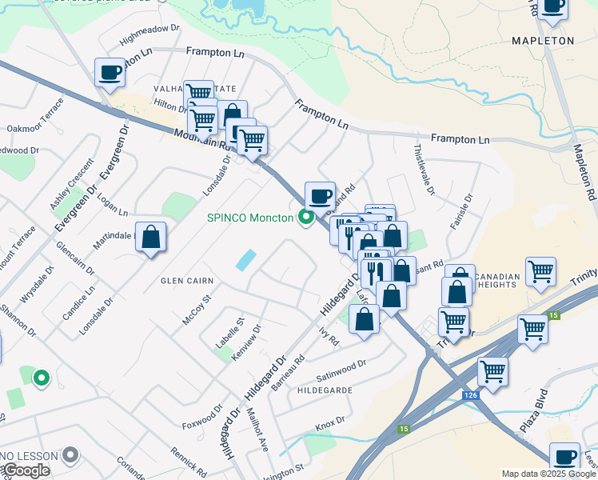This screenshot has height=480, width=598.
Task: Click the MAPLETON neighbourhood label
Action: click(x=543, y=40)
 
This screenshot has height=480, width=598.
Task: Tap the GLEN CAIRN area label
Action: click(x=187, y=281)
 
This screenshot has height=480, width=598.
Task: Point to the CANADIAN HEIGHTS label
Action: click(x=497, y=281)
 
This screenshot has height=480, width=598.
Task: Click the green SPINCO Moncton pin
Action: click(x=305, y=217)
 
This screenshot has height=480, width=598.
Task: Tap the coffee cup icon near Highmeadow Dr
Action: click(x=110, y=73)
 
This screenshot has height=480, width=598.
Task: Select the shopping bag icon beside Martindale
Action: click(x=150, y=237)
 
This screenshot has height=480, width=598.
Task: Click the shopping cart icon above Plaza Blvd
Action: click(x=493, y=372)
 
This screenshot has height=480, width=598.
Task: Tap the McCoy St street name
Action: click(x=195, y=310)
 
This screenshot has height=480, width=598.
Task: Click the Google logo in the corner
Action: click(x=26, y=470)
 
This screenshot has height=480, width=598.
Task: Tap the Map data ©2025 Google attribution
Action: click(x=548, y=474)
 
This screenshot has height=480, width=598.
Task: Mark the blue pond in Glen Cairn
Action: click(x=246, y=259)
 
